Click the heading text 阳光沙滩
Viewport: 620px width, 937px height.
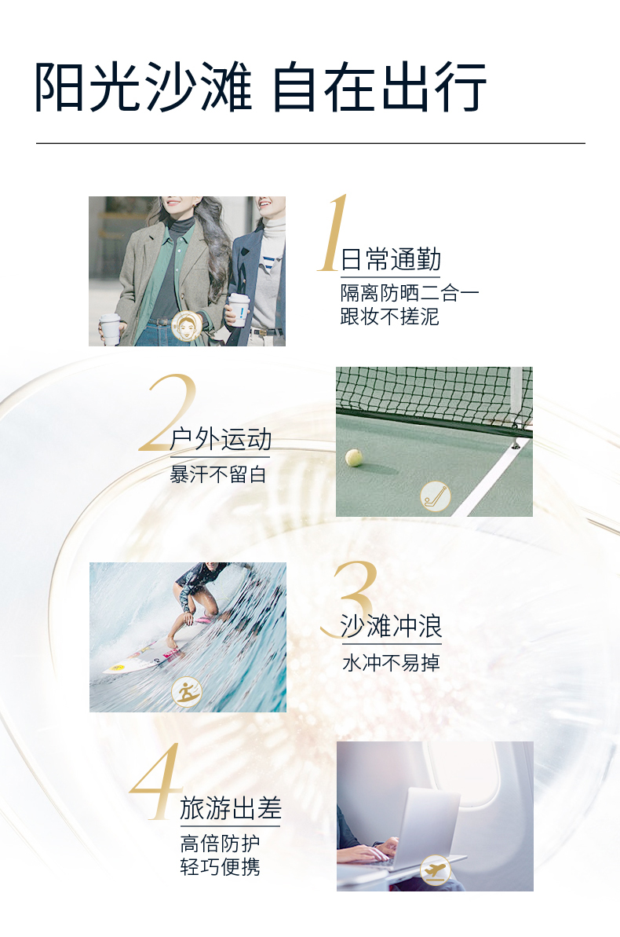144,87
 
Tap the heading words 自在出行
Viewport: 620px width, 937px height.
380,87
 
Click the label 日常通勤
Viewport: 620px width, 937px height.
391,260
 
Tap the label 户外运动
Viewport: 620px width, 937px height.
221,440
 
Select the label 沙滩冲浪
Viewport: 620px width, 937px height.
392,626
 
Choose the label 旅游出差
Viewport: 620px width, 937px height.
231,808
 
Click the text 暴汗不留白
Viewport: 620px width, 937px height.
218,474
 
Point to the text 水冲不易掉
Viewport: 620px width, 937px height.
392,662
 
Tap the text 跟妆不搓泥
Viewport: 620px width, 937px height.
389,316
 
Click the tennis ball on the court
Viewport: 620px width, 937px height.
354,458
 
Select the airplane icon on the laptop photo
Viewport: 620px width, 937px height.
435,870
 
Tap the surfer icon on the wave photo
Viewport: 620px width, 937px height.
187,692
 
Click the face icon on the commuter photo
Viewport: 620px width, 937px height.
187,326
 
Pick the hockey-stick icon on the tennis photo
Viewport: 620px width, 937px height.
436,496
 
